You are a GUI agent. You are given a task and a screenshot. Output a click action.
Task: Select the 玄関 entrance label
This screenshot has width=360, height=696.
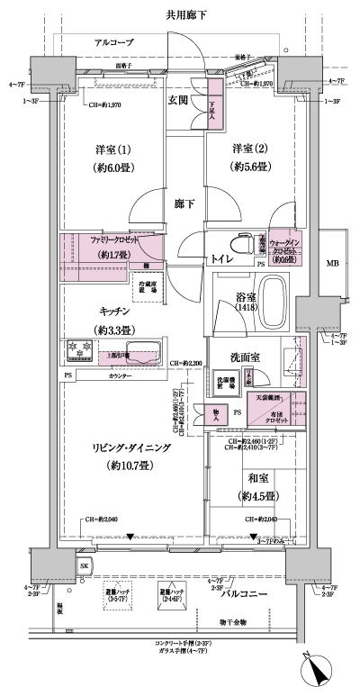[177, 101]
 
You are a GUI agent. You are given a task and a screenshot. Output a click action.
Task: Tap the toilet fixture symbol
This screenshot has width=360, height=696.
[238, 245]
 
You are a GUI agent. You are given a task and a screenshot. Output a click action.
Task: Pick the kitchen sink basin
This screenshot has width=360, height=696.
[143, 352]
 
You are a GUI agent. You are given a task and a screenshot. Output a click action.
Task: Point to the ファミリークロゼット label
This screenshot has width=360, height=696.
[113, 240]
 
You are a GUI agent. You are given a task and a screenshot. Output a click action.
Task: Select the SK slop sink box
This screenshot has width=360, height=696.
[85, 565]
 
